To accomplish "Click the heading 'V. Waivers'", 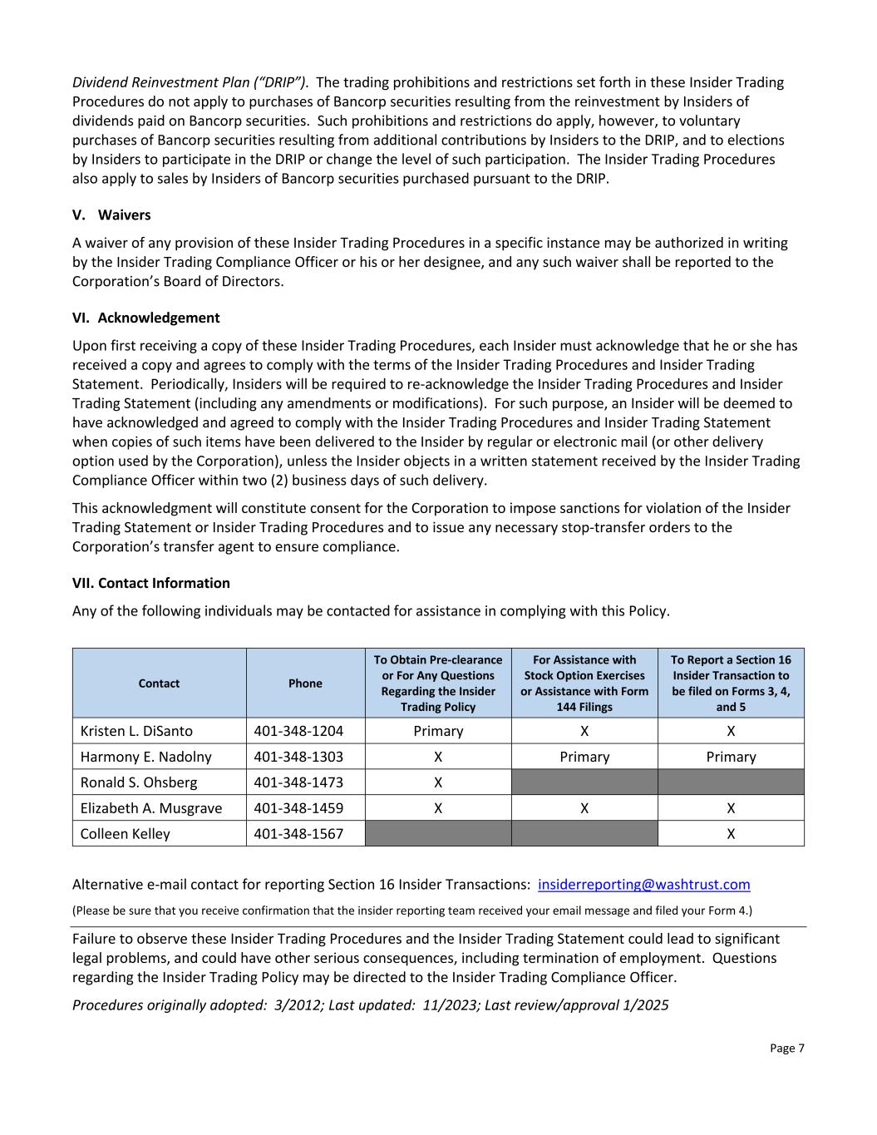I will tap(111, 215).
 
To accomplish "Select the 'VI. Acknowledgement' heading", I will tap(146, 318).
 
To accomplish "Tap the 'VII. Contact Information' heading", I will tap(151, 583).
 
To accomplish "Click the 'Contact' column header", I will tap(159, 683).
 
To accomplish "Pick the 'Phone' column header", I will tap(305, 683).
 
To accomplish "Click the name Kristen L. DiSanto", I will tap(136, 731).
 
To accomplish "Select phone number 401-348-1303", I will tap(298, 757).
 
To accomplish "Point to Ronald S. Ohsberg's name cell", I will tap(139, 782).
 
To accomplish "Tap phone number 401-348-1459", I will tap(298, 808).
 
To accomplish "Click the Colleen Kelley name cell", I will tap(125, 834).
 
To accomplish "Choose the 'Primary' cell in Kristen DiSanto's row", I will tap(438, 731).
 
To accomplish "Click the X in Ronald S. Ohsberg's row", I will tap(438, 782).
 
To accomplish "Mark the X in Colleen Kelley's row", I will tap(731, 834).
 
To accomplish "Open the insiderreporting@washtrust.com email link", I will tap(643, 885).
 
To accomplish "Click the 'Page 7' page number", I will tap(786, 1049).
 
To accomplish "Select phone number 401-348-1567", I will tap(298, 834).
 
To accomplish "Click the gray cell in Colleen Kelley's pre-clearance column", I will tap(438, 834).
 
